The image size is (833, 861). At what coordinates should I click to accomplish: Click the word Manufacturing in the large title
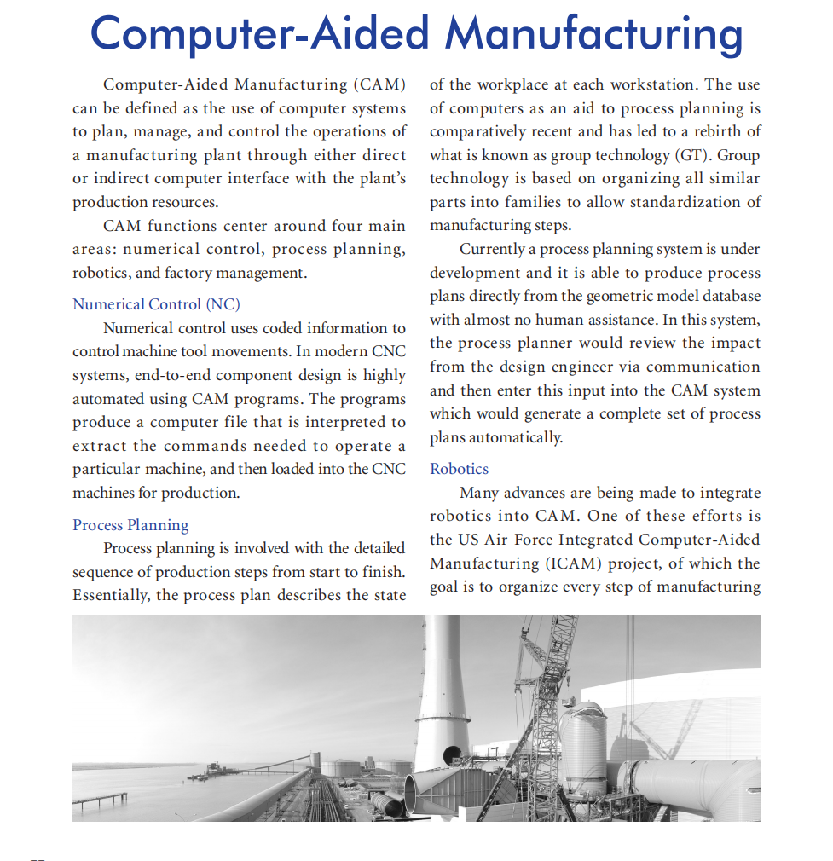(593, 34)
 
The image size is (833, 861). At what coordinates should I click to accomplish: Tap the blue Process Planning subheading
(130, 524)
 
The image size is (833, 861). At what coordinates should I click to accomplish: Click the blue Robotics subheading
(459, 469)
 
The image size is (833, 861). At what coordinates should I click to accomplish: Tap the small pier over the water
(100, 799)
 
